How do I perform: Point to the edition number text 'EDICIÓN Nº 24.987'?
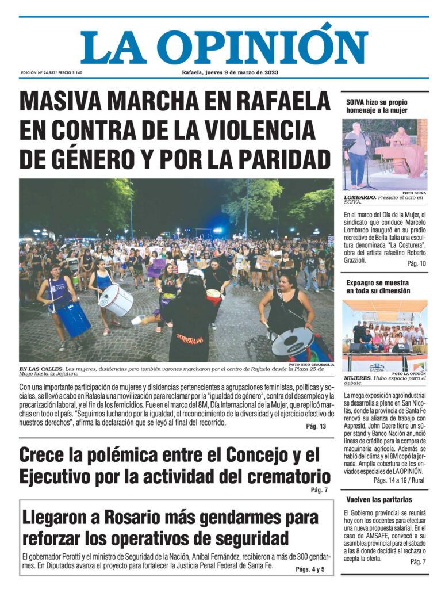41,73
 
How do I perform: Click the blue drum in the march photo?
74,319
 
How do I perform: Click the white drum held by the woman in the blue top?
116,299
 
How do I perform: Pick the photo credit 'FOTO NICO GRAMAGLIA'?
310,365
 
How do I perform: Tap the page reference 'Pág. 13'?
316,426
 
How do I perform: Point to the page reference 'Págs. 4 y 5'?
310,569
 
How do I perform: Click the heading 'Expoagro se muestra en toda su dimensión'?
378,287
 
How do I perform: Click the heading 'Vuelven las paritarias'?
379,499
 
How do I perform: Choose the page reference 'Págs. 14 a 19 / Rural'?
399,479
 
